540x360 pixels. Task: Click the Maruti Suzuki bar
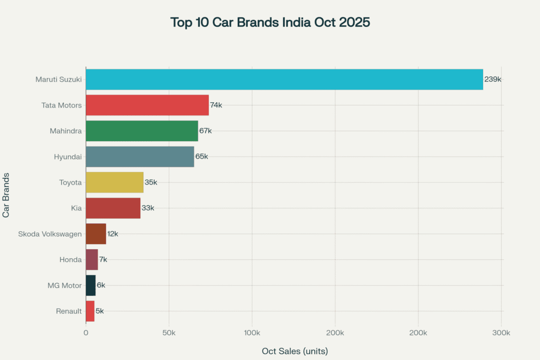point(284,79)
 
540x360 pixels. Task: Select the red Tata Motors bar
point(147,105)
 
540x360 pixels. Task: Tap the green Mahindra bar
point(142,131)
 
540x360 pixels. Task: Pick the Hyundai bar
point(140,157)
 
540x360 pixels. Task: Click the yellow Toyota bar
point(114,182)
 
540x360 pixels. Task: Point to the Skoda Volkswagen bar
point(96,233)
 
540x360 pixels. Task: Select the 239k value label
point(493,79)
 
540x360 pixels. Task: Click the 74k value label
point(216,105)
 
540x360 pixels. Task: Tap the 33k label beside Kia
point(148,208)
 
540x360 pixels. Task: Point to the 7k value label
point(103,259)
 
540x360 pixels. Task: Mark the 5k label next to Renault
point(100,311)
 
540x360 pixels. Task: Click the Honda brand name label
point(71,259)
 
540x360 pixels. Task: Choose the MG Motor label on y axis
point(64,285)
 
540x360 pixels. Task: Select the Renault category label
point(69,311)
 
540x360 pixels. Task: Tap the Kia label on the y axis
point(76,208)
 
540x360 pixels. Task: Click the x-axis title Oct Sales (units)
point(295,351)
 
